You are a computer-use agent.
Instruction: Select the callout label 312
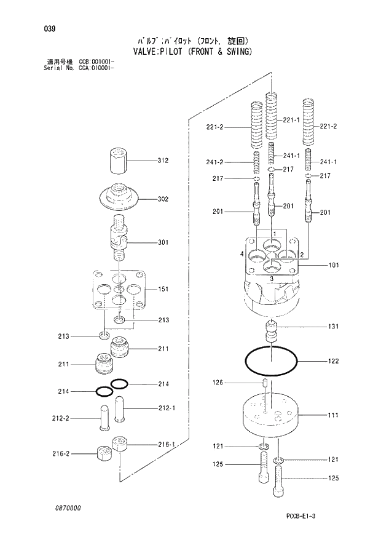pos(162,161)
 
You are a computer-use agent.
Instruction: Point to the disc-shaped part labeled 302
pos(120,197)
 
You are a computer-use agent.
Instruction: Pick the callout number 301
pos(162,242)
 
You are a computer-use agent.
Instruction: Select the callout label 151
pos(163,288)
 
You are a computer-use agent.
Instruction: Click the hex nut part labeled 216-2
pos(101,456)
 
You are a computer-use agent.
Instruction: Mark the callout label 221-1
pos(292,121)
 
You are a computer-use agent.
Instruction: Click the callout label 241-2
pos(214,162)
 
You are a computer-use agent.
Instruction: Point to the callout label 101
pos(333,266)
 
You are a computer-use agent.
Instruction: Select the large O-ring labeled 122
pos(271,361)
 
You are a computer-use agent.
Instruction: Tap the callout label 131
pos(333,326)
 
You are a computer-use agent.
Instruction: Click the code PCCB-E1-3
pos(321,515)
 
